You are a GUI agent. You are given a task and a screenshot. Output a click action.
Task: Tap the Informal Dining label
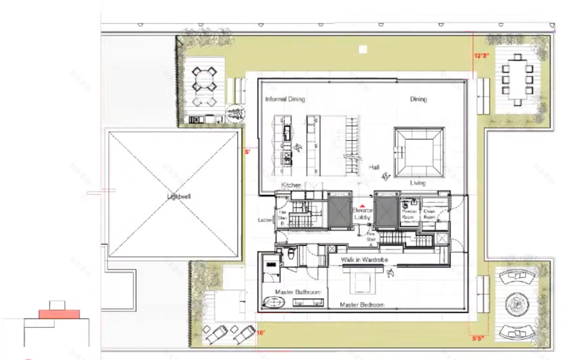285,99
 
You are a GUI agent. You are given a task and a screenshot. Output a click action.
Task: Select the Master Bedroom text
362,305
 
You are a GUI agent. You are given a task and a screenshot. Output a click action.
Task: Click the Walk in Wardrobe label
364,260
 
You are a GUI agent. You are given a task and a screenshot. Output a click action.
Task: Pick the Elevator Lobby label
363,214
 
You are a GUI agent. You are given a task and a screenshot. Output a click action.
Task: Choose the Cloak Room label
430,214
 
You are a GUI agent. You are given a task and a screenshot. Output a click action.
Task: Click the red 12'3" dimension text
482,56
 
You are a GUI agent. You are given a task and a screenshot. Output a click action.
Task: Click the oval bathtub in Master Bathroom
274,303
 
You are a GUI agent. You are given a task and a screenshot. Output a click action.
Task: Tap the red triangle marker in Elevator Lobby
363,206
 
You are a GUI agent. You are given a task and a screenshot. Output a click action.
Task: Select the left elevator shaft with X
340,211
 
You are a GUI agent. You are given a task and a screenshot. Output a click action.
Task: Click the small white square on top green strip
362,49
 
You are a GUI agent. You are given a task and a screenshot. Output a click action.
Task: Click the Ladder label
265,220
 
